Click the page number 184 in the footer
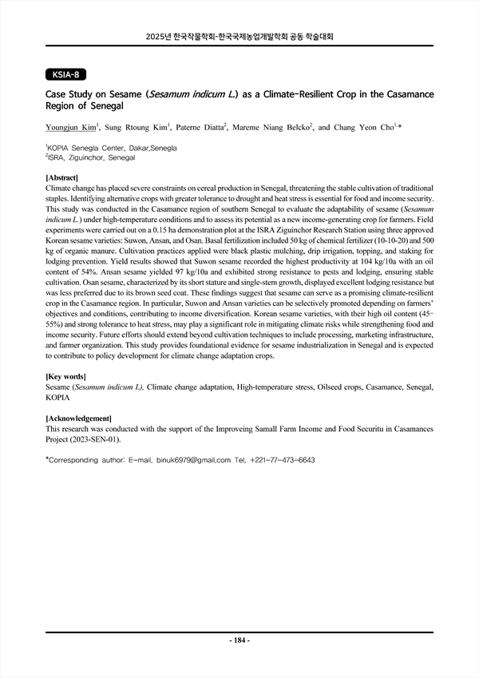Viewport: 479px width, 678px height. [239, 640]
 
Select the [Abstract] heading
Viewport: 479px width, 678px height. [63, 176]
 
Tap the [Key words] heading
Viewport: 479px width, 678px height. [66, 376]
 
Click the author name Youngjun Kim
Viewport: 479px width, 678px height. [69, 127]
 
